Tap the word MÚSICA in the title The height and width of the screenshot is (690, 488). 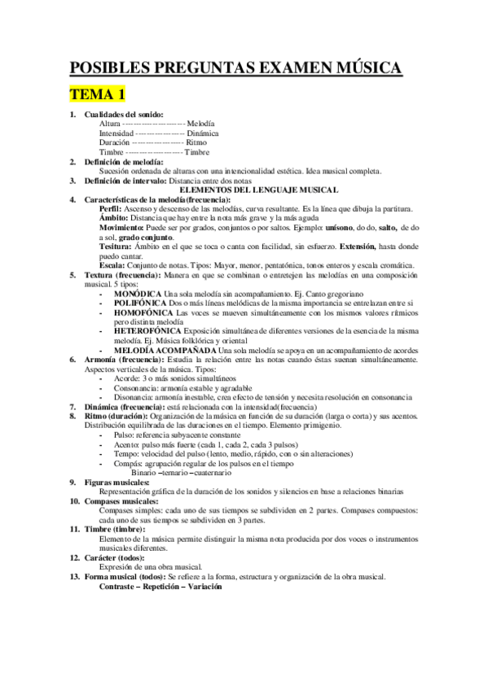pos(361,66)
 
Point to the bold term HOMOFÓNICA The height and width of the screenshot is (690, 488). pos(144,312)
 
